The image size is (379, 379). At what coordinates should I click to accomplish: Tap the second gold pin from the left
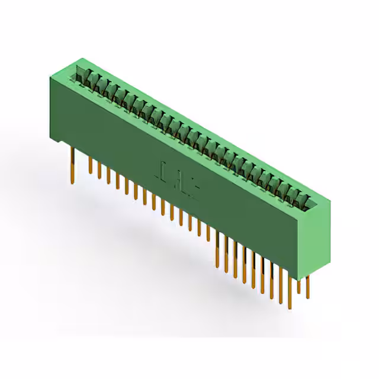(x=91, y=166)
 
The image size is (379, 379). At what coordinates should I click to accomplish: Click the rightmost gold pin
(x=307, y=287)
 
